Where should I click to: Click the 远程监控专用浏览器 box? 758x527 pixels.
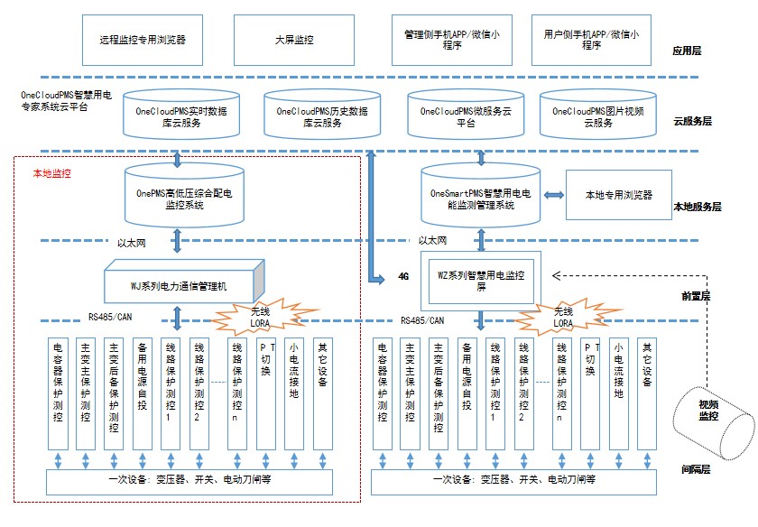[x=143, y=40]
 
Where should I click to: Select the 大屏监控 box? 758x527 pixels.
[x=294, y=40]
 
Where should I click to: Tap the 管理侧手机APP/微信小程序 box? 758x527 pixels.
[x=451, y=40]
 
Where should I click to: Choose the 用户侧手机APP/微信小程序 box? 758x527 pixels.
[x=591, y=40]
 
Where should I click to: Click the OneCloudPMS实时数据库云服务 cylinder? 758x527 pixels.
[x=181, y=115]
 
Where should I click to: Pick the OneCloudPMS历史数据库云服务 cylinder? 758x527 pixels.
[x=322, y=115]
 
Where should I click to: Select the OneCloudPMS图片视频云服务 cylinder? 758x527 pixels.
[x=597, y=115]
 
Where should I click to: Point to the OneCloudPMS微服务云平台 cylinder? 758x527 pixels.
[x=466, y=115]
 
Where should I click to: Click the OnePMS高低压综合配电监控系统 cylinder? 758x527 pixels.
[x=184, y=196]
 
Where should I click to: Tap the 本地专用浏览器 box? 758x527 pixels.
[x=619, y=195]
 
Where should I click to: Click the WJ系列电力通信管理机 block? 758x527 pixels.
[x=184, y=282]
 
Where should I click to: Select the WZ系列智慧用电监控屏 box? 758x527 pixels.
[x=480, y=281]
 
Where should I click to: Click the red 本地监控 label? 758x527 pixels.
[x=51, y=173]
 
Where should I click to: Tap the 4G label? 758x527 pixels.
[x=403, y=276]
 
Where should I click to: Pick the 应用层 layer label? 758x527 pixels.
[x=687, y=51]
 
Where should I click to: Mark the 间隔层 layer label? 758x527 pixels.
[x=696, y=469]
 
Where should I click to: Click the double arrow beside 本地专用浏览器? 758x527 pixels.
[x=553, y=195]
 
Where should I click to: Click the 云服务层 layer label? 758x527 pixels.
[x=692, y=121]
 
